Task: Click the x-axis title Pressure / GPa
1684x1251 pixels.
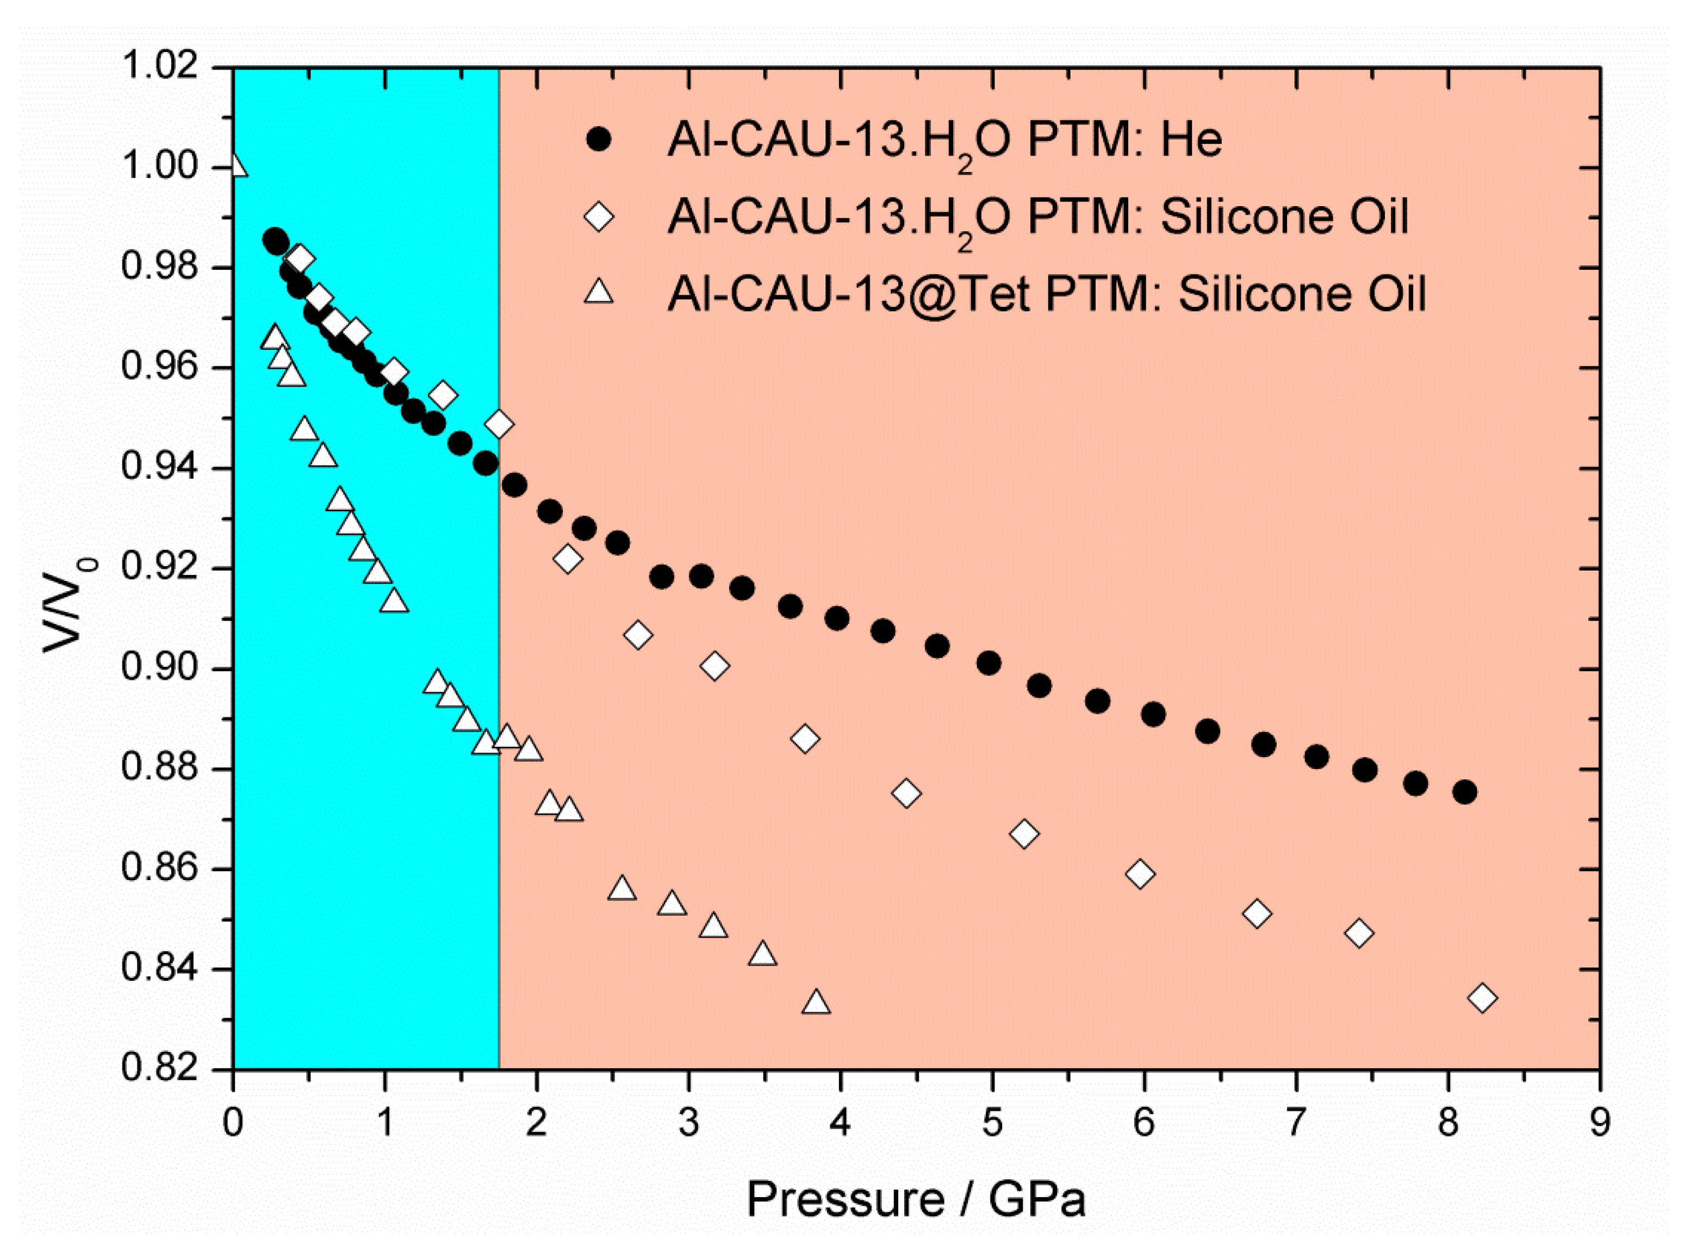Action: pos(916,1199)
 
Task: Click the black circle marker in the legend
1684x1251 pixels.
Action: pos(599,141)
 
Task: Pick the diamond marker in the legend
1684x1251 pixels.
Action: pos(599,218)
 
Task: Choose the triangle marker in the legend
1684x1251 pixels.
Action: pos(599,292)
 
